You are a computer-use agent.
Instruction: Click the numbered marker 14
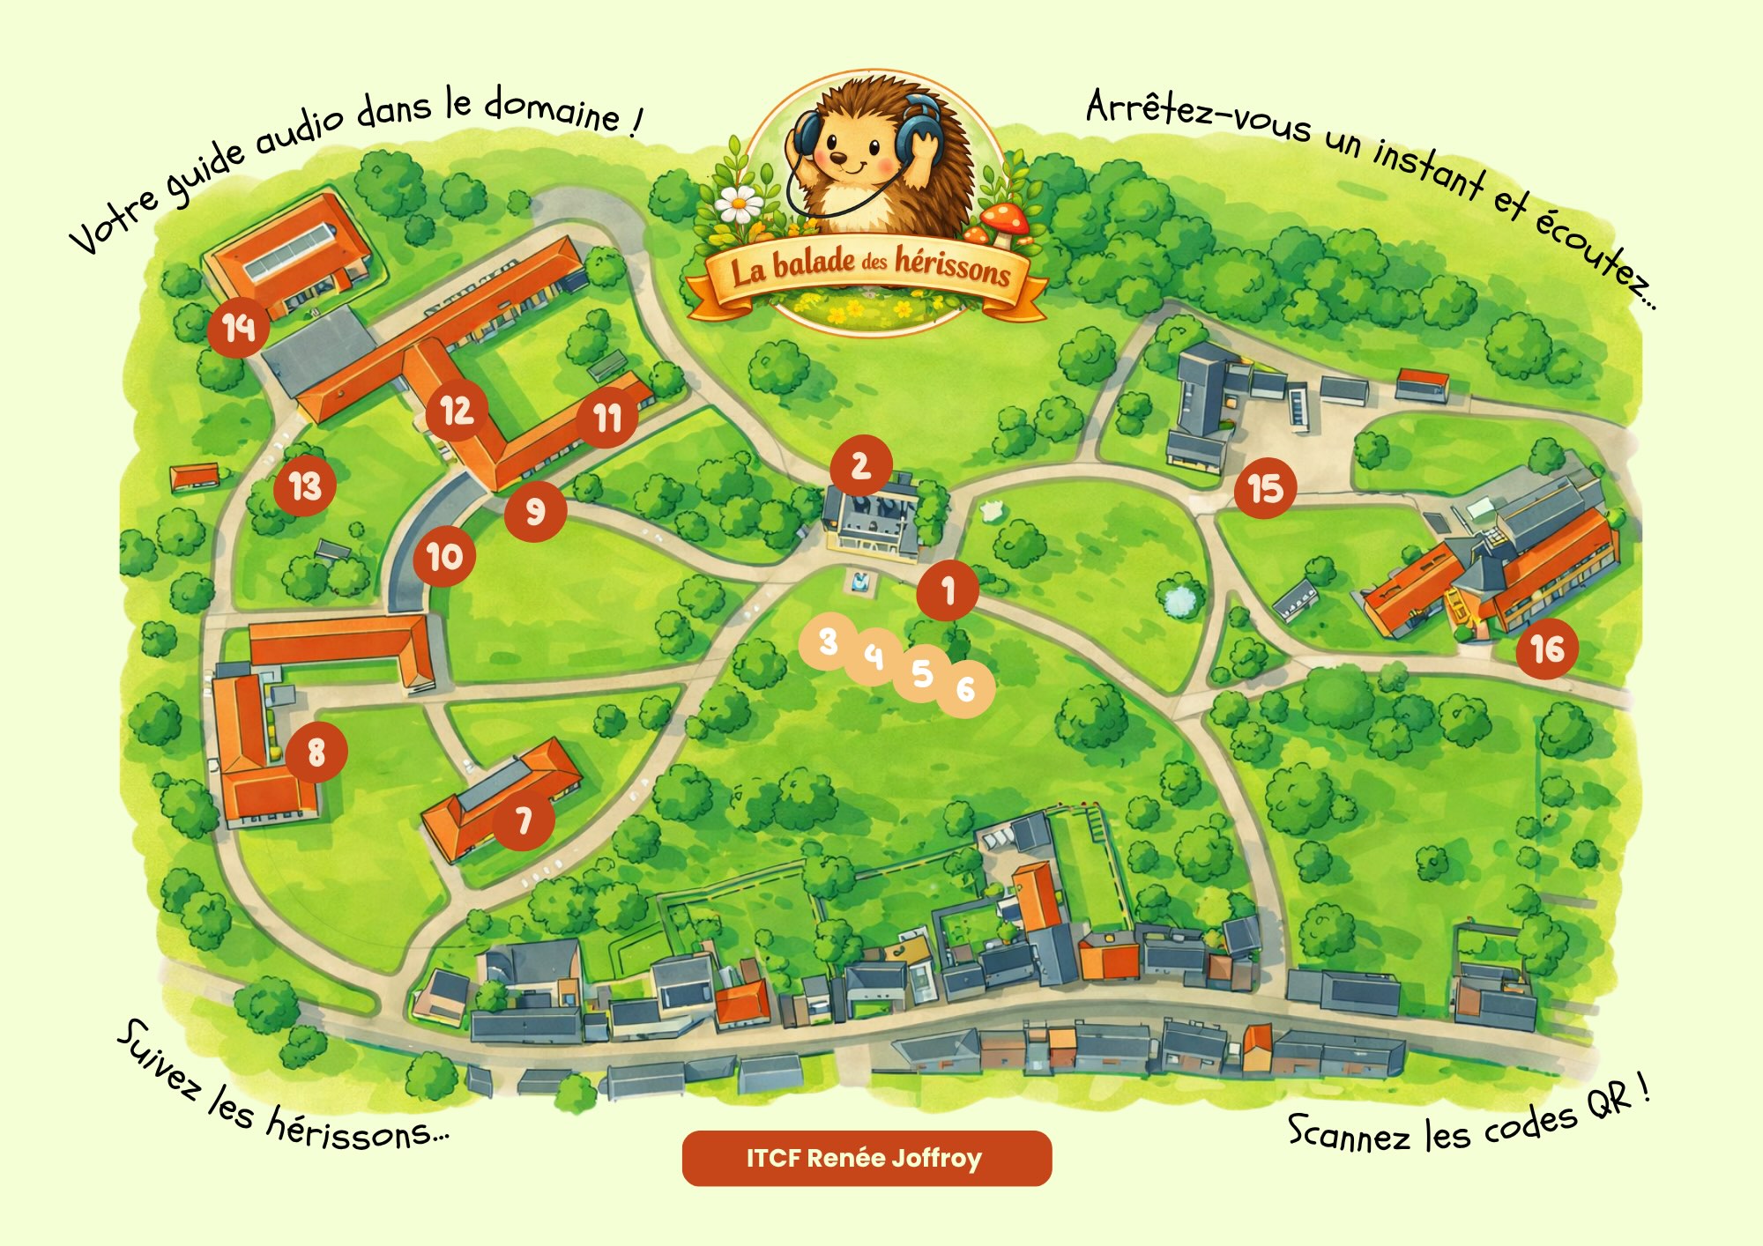pyautogui.click(x=238, y=328)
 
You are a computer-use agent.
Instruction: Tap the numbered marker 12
pyautogui.click(x=456, y=411)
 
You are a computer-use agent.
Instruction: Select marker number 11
pyautogui.click(x=607, y=418)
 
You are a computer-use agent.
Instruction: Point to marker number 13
pyautogui.click(x=305, y=486)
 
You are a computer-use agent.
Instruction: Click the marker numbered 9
pyautogui.click(x=535, y=511)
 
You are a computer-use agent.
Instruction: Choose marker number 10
pyautogui.click(x=444, y=556)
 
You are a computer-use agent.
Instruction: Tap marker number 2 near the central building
pyautogui.click(x=860, y=465)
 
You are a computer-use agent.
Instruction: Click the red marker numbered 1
pyautogui.click(x=948, y=590)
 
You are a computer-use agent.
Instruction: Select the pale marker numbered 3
pyautogui.click(x=828, y=642)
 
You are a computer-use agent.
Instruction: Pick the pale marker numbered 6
pyautogui.click(x=966, y=688)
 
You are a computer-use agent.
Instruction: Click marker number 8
pyautogui.click(x=316, y=752)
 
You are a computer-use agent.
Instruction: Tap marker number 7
pyautogui.click(x=524, y=820)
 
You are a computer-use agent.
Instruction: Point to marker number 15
pyautogui.click(x=1265, y=487)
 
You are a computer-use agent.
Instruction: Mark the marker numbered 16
pyautogui.click(x=1547, y=649)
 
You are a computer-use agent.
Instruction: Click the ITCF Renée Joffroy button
pyautogui.click(x=867, y=1158)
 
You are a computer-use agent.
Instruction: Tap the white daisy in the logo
pyautogui.click(x=739, y=204)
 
